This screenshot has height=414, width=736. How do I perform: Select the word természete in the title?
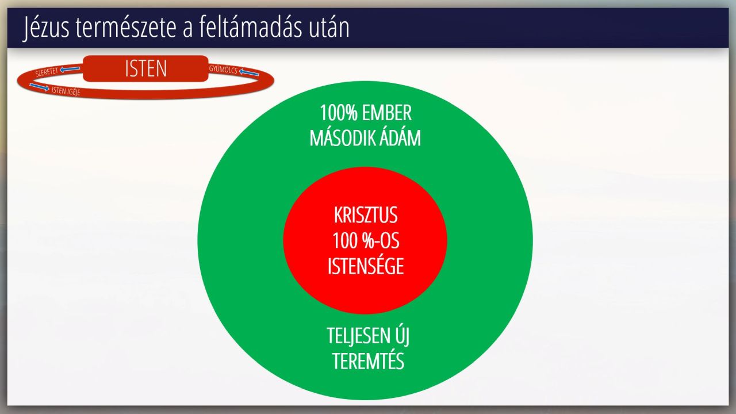128,28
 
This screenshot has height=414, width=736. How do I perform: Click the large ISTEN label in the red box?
146,68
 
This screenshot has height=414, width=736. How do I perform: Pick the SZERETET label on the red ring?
47,72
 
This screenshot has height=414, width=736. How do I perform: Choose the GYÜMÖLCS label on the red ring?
223,70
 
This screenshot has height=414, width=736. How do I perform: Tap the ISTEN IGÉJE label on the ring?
66,91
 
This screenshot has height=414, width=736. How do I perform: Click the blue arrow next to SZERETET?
70,69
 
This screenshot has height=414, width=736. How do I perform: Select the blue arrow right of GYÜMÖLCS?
249,72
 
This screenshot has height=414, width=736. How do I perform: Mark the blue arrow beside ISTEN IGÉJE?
40,87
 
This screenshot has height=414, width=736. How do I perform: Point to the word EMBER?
387,113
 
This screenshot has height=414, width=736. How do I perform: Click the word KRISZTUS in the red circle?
366,215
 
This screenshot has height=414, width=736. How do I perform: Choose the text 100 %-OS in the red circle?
366,241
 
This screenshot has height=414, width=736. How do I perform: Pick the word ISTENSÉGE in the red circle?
366,266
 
